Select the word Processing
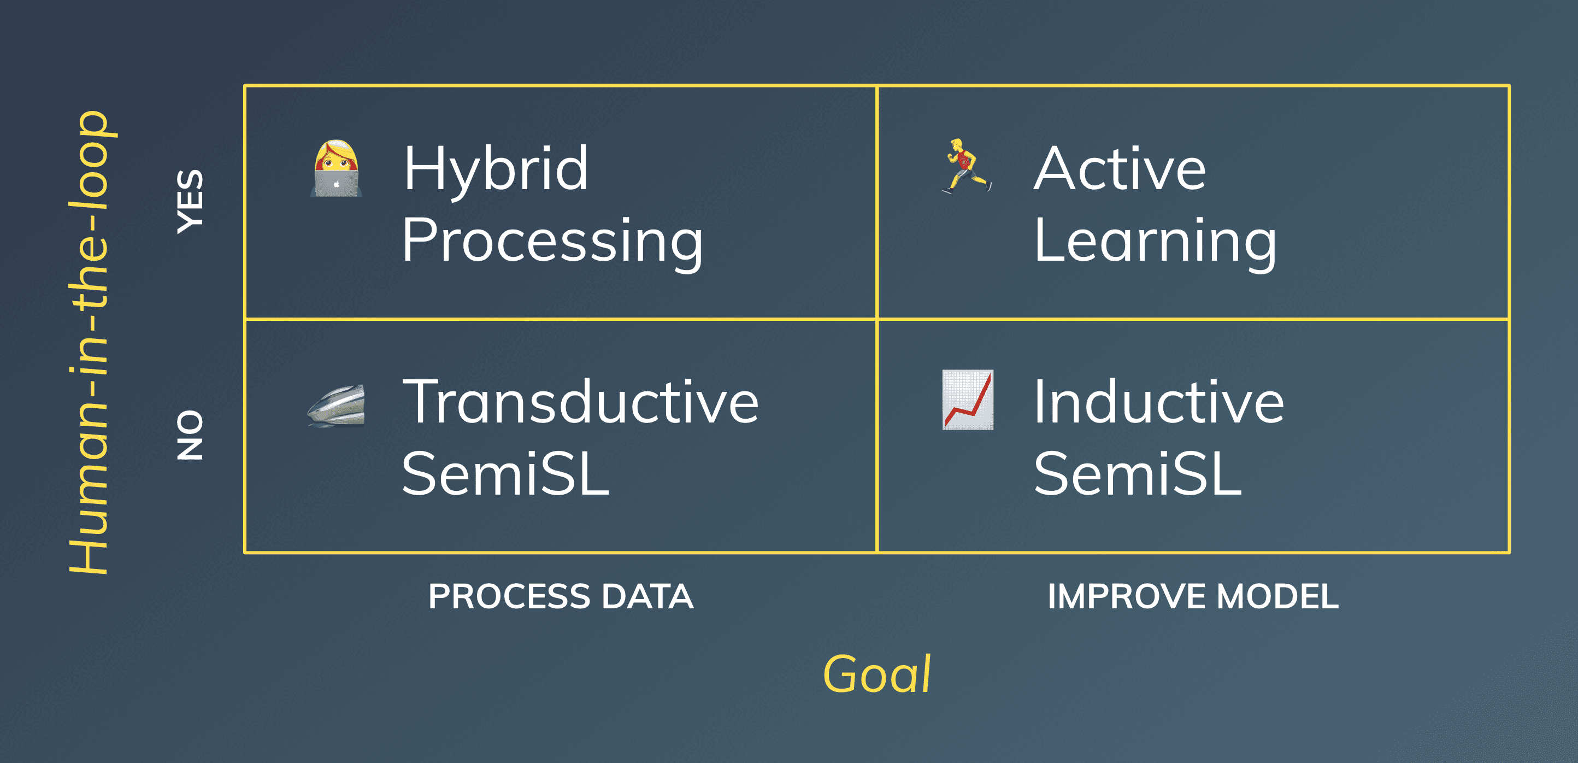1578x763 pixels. click(x=552, y=242)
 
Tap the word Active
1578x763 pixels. click(x=1120, y=168)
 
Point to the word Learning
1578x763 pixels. click(x=1155, y=242)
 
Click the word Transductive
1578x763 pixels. click(x=580, y=402)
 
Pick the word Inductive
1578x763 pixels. click(x=1158, y=402)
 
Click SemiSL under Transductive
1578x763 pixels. click(x=505, y=474)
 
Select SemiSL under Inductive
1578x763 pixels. click(x=1138, y=474)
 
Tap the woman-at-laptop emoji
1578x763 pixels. click(x=335, y=168)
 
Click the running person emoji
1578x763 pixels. click(x=967, y=166)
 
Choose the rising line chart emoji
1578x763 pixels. click(x=967, y=400)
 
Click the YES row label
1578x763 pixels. click(x=190, y=202)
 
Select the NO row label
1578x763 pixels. click(x=190, y=436)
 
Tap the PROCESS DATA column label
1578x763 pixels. click(x=561, y=596)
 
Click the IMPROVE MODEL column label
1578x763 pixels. click(x=1193, y=596)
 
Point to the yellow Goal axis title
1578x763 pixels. click(x=876, y=674)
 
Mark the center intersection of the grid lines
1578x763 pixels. click(x=877, y=319)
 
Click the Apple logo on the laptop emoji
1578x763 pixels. click(x=336, y=184)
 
